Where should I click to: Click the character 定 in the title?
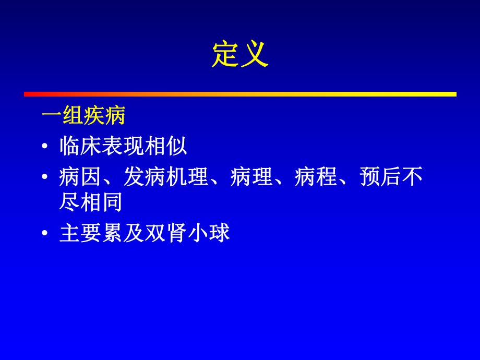[x=225, y=54]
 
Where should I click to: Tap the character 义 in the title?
[x=255, y=54]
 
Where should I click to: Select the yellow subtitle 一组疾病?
[x=83, y=116]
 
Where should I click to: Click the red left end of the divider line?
[x=27, y=94]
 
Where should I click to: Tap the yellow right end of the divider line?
[x=453, y=94]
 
